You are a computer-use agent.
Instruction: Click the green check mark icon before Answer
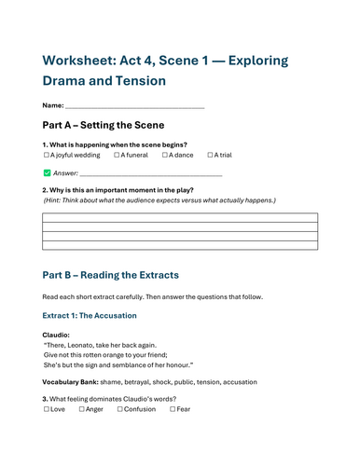(47, 173)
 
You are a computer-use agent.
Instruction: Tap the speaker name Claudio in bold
(56, 335)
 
